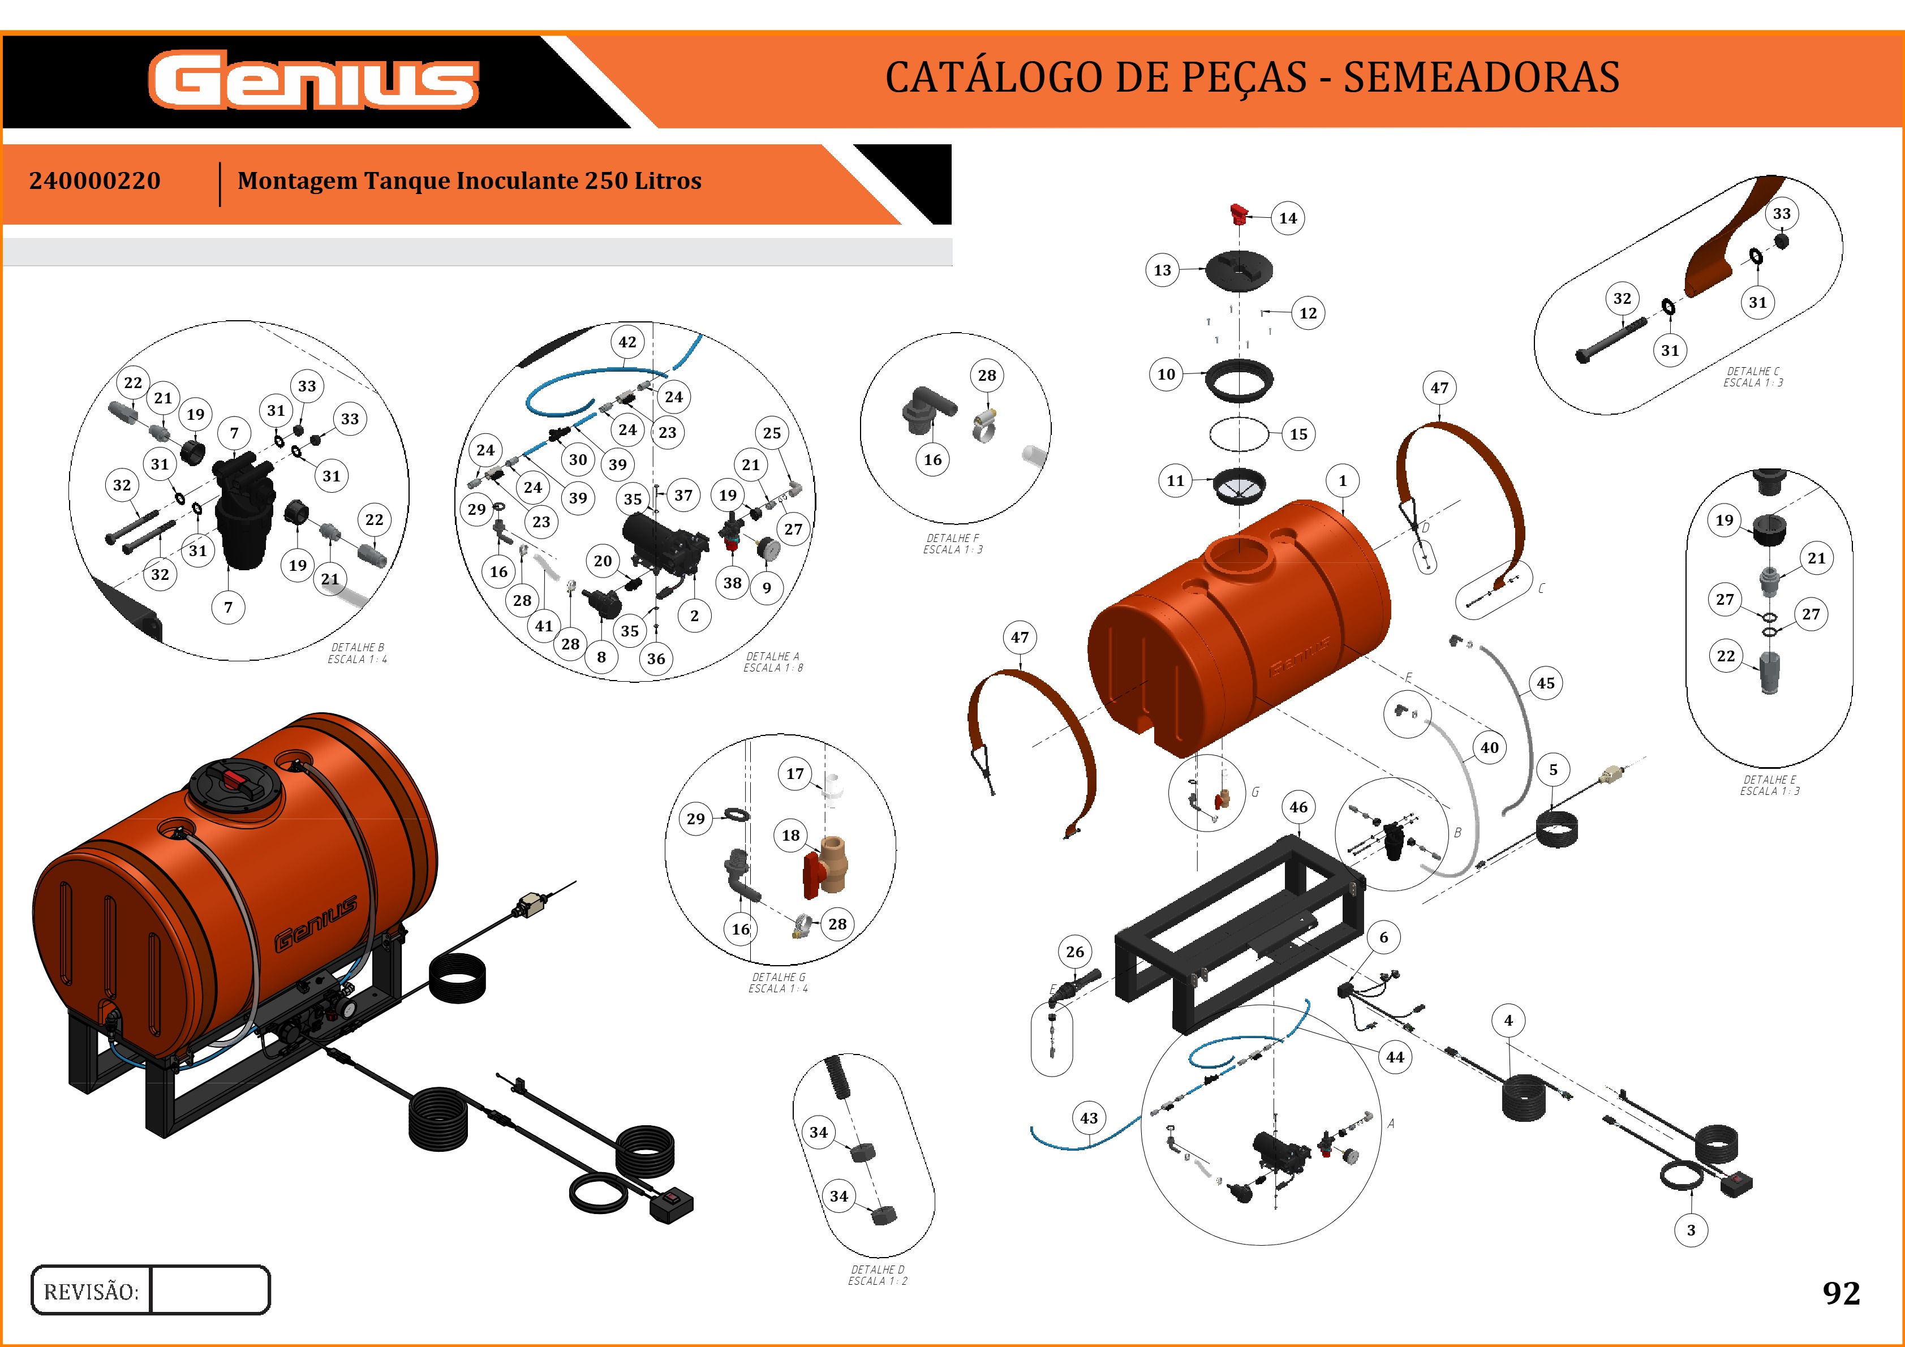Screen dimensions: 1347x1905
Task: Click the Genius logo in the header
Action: click(x=313, y=80)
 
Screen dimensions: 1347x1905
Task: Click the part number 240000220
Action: click(x=94, y=181)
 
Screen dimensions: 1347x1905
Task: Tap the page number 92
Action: click(x=1841, y=1292)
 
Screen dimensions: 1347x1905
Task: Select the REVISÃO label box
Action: click(x=91, y=1290)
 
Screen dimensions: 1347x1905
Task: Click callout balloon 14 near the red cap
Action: click(x=1287, y=218)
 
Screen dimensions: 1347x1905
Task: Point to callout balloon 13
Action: click(x=1163, y=270)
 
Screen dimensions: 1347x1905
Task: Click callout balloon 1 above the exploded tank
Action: click(x=1343, y=480)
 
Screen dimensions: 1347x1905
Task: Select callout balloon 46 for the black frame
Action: click(x=1298, y=807)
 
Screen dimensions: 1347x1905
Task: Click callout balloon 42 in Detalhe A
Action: click(x=627, y=342)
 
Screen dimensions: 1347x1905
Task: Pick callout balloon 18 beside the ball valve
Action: click(x=791, y=835)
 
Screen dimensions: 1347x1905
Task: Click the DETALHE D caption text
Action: click(x=877, y=1275)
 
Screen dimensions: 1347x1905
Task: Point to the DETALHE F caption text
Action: click(x=953, y=543)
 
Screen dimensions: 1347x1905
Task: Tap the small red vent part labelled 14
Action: click(x=1239, y=214)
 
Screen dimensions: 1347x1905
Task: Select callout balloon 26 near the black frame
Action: click(x=1074, y=952)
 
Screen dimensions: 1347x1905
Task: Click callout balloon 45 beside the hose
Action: click(x=1545, y=683)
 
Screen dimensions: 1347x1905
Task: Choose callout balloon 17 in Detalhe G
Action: click(x=795, y=774)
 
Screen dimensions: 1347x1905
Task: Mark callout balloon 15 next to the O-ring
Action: click(x=1298, y=434)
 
